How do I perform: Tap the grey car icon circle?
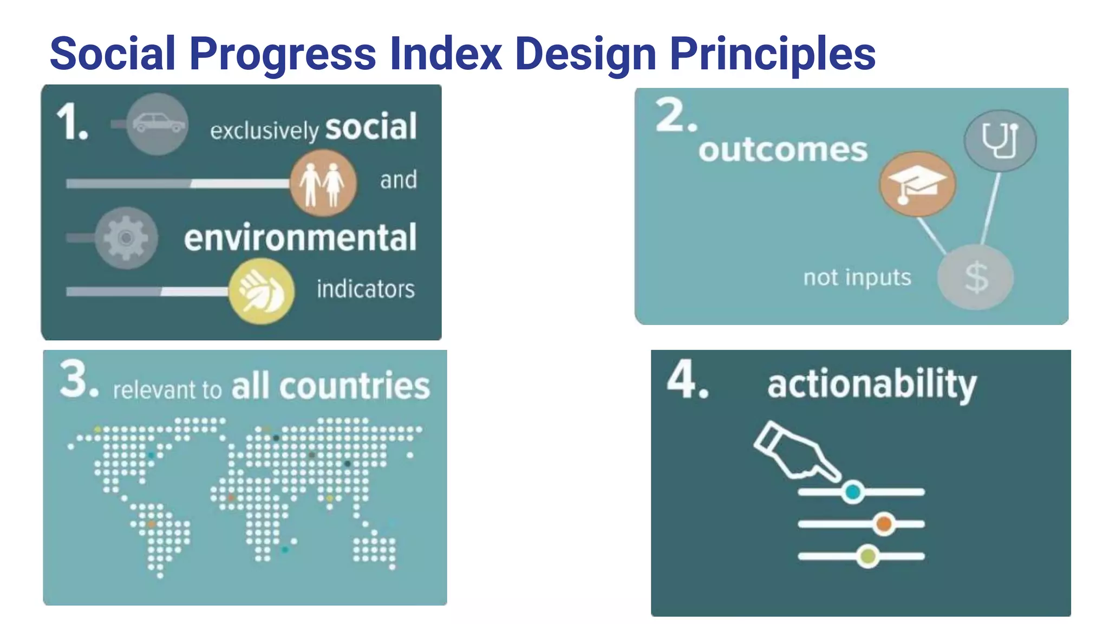pyautogui.click(x=157, y=124)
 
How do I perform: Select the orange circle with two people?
pyautogui.click(x=323, y=183)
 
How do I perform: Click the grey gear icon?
pyautogui.click(x=126, y=238)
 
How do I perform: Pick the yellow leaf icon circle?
pyautogui.click(x=262, y=291)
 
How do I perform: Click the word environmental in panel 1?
pyautogui.click(x=301, y=238)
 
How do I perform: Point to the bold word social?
pyautogui.click(x=371, y=127)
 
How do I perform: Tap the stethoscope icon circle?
pyautogui.click(x=1000, y=141)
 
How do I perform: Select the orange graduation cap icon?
pyautogui.click(x=917, y=184)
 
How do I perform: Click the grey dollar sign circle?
pyautogui.click(x=975, y=277)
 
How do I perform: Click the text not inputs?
pyautogui.click(x=857, y=277)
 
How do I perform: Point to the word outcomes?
pyautogui.click(x=782, y=150)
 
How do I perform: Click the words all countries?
pyautogui.click(x=330, y=386)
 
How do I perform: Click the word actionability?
pyautogui.click(x=871, y=384)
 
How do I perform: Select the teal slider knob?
pyautogui.click(x=853, y=492)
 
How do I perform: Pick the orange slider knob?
pyautogui.click(x=884, y=524)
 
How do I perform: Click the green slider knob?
pyautogui.click(x=868, y=556)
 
